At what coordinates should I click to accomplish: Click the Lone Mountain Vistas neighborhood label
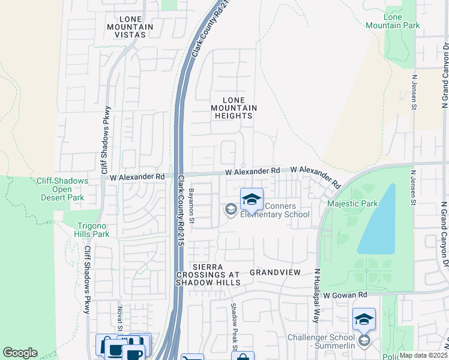tap(127, 27)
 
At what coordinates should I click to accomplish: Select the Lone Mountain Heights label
tap(234, 108)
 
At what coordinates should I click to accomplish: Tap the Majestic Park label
tap(352, 203)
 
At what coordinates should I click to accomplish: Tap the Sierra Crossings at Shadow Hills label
tap(208, 274)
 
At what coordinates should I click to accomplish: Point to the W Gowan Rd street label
tap(345, 295)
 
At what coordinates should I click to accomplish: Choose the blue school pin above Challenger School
tap(364, 320)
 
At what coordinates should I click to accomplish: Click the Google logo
tap(20, 353)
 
